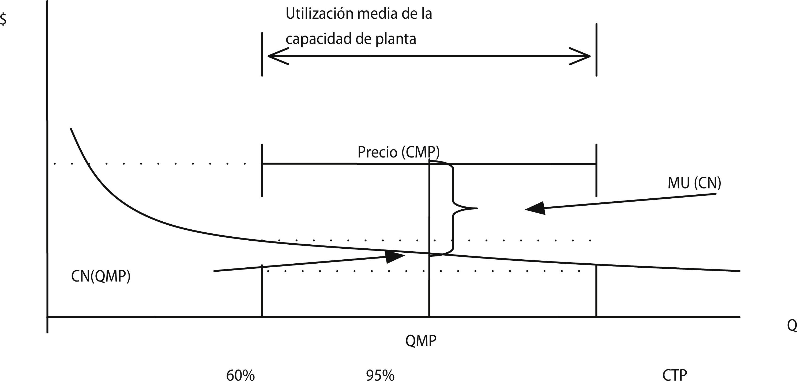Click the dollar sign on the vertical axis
[3, 20]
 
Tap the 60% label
[240, 375]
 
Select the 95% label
[380, 375]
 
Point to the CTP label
[675, 375]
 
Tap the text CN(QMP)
[100, 276]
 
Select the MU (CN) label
[694, 183]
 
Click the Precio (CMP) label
[398, 152]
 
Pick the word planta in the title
[396, 39]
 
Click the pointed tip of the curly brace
[476, 209]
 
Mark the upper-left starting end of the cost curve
[71, 129]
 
